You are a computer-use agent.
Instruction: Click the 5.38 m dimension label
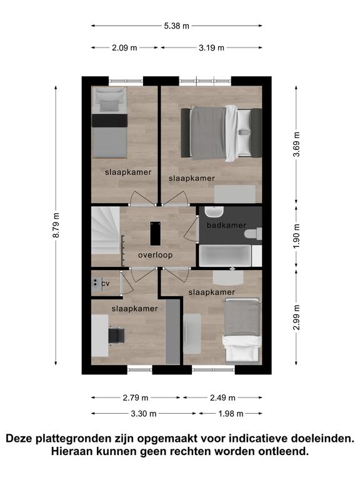pyautogui.click(x=177, y=26)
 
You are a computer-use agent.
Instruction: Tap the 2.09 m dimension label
pyautogui.click(x=124, y=47)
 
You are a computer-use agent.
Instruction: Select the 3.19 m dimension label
pyautogui.click(x=211, y=47)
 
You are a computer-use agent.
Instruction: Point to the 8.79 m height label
pyautogui.click(x=56, y=225)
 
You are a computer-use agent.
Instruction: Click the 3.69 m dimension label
pyautogui.click(x=296, y=144)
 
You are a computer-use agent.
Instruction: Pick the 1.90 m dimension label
pyautogui.click(x=296, y=236)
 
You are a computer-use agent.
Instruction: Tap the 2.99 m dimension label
pyautogui.click(x=296, y=317)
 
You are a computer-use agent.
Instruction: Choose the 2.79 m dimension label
pyautogui.click(x=135, y=397)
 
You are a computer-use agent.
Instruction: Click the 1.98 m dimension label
pyautogui.click(x=231, y=414)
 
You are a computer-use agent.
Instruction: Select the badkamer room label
pyautogui.click(x=226, y=225)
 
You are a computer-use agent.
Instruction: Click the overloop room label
pyautogui.click(x=155, y=255)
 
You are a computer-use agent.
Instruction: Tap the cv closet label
pyautogui.click(x=105, y=284)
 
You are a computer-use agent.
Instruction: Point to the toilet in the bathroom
pyautogui.click(x=253, y=234)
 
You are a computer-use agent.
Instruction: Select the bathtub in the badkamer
pyautogui.click(x=225, y=256)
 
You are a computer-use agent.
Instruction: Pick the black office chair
pyautogui.click(x=117, y=336)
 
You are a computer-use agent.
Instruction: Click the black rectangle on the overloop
pyautogui.click(x=156, y=234)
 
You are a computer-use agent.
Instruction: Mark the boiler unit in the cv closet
pyautogui.click(x=96, y=283)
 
